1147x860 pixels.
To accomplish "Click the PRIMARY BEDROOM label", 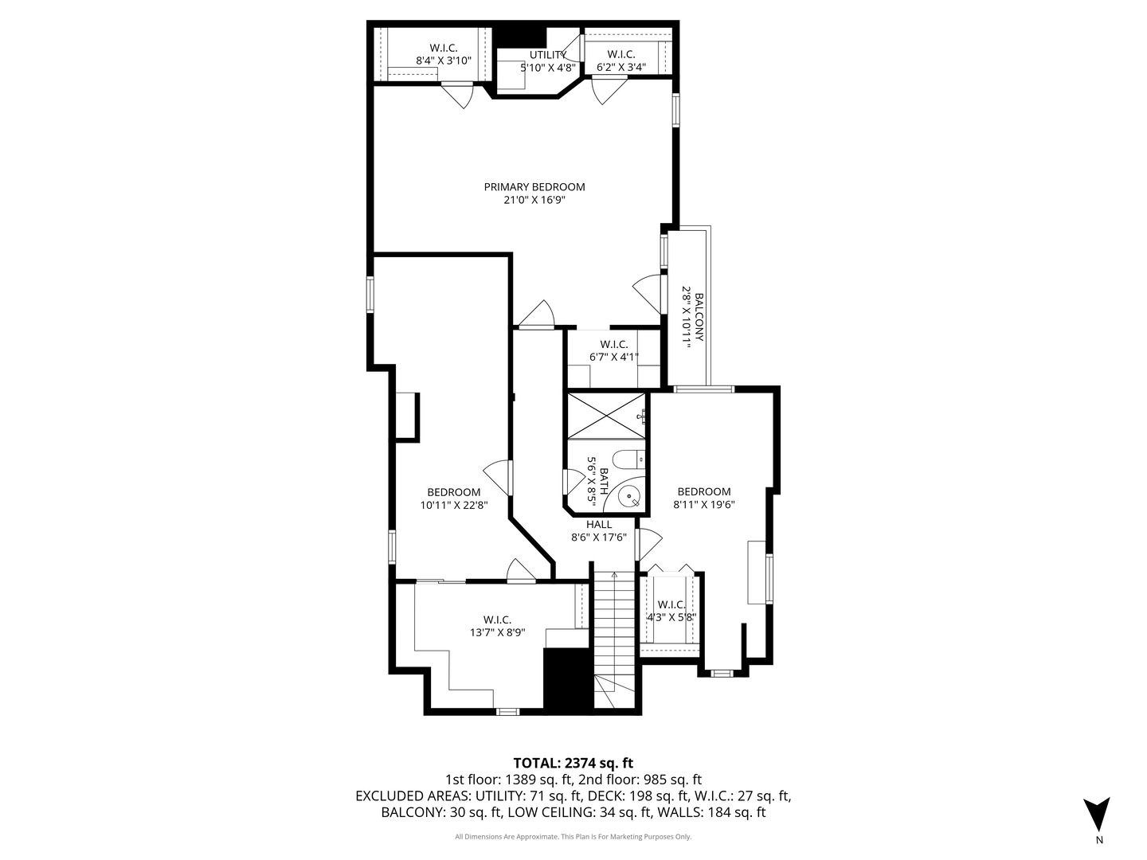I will (x=534, y=187).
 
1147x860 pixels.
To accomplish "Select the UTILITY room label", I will (x=548, y=55).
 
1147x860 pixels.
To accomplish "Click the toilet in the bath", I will (x=627, y=459).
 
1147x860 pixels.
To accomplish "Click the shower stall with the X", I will (x=607, y=415).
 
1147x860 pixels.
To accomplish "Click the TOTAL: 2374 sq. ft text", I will (x=573, y=763).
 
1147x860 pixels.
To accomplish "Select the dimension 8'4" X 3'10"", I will (x=444, y=61).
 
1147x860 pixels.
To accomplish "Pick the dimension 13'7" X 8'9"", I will (x=497, y=633).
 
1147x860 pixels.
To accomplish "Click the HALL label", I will (x=599, y=524).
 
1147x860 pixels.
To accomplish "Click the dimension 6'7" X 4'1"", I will (x=614, y=358).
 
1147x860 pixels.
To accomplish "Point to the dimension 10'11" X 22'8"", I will (x=453, y=505).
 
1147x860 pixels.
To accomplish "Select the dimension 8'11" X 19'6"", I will (x=703, y=504).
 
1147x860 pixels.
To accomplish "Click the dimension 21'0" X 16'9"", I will (x=534, y=201).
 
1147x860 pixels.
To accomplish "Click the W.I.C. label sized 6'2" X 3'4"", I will (x=620, y=54).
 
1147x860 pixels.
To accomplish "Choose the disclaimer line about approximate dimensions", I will (x=573, y=837).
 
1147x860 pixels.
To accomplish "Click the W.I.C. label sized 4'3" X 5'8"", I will (x=671, y=604).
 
